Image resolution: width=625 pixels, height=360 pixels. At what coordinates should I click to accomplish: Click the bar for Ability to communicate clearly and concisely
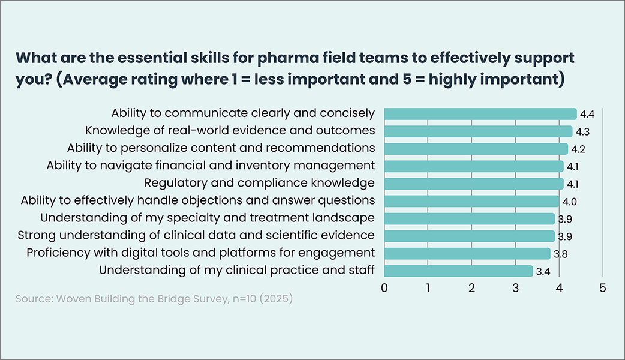[480, 113]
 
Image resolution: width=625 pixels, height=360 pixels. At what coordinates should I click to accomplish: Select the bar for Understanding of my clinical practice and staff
[458, 271]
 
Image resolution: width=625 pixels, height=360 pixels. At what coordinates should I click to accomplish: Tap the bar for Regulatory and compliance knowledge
[473, 184]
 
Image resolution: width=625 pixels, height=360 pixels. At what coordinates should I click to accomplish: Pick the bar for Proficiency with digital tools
[467, 254]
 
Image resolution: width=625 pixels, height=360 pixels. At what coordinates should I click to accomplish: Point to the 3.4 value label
[543, 272]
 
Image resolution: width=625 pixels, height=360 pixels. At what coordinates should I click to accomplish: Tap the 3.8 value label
[561, 254]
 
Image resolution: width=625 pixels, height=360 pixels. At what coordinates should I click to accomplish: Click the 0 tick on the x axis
[384, 287]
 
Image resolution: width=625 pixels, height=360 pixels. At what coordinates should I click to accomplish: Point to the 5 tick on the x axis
[603, 287]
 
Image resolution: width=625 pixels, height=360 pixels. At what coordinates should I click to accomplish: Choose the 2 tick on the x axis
[472, 287]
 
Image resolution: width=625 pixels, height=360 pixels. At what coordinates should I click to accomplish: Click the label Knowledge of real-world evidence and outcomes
[230, 130]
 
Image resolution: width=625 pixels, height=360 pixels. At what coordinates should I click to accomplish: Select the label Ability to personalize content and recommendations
[221, 148]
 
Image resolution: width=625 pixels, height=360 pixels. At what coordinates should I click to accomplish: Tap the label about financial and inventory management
[211, 165]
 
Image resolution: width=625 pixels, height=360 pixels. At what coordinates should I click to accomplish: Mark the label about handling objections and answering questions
[198, 200]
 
